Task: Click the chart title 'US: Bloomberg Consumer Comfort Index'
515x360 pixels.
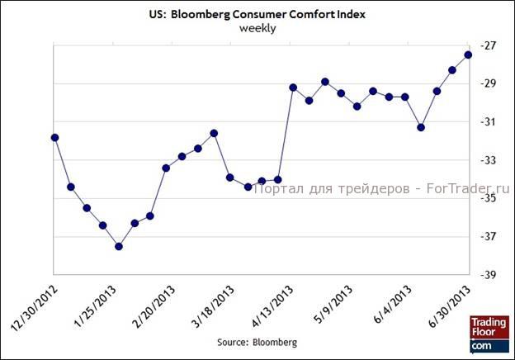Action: (257, 13)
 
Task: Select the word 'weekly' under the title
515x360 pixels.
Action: (257, 27)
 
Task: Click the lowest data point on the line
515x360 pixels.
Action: (119, 246)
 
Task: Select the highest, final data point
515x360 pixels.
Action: (468, 54)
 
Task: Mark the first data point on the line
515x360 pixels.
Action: (54, 137)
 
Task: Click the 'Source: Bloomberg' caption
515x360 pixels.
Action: (257, 341)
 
